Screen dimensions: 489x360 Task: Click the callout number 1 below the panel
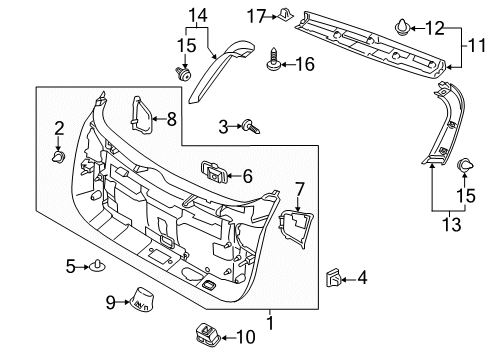pyautogui.click(x=270, y=322)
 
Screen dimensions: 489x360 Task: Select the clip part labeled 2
pyautogui.click(x=59, y=156)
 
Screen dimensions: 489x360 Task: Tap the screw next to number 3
pyautogui.click(x=251, y=127)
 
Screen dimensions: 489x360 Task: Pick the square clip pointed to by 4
pyautogui.click(x=333, y=278)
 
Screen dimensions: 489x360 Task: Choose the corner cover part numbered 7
pyautogui.click(x=296, y=229)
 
